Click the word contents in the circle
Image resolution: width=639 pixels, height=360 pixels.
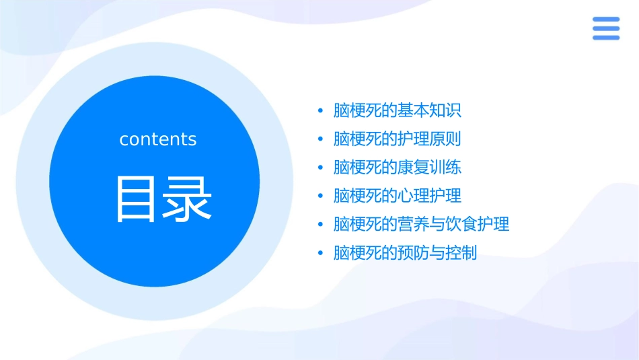point(158,139)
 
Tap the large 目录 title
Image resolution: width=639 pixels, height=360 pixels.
point(163,199)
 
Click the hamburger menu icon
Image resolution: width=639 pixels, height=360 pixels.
point(605,28)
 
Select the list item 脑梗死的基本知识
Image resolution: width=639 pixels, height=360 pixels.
point(398,110)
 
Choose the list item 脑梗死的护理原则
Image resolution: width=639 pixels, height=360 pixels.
point(398,139)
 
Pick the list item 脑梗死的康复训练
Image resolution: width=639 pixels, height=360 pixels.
point(398,168)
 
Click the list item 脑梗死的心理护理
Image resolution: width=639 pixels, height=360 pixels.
point(398,196)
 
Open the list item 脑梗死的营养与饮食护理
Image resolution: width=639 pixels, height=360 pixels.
point(421,224)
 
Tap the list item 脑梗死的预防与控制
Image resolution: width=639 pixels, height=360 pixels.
point(405,253)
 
